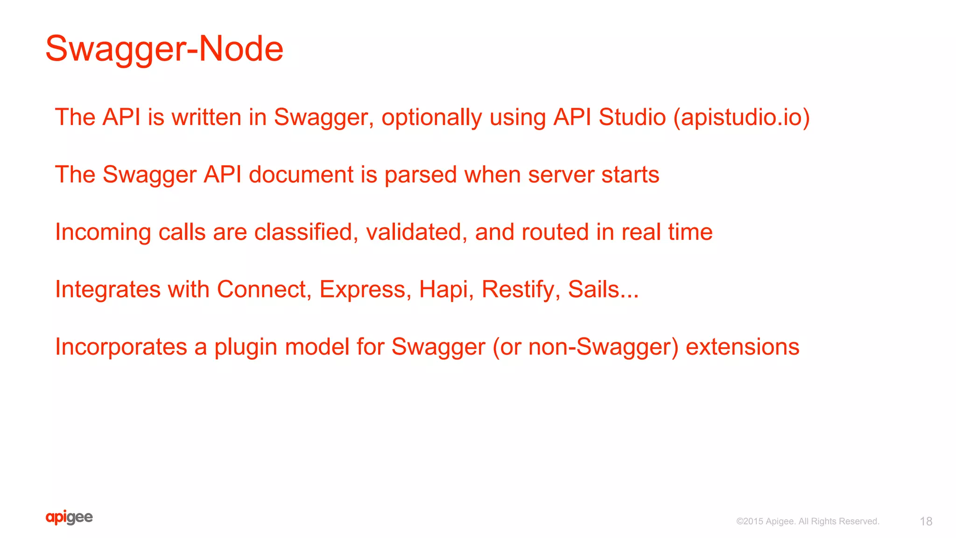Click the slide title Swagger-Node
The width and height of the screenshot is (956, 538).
tap(164, 49)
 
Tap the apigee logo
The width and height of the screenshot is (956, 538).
tap(69, 517)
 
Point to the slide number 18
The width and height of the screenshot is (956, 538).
tap(926, 521)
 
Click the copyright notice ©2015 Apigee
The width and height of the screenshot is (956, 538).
tap(808, 521)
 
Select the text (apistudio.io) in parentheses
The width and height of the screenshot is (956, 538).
tap(741, 117)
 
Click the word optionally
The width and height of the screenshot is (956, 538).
tap(431, 117)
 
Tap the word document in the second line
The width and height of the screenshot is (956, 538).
tap(301, 175)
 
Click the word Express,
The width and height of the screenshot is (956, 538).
tap(365, 289)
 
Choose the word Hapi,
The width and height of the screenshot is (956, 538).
tap(446, 289)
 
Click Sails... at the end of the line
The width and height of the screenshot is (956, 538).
tap(603, 289)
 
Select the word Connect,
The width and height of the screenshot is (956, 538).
tap(264, 289)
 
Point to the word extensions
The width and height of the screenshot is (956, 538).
tap(742, 347)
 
